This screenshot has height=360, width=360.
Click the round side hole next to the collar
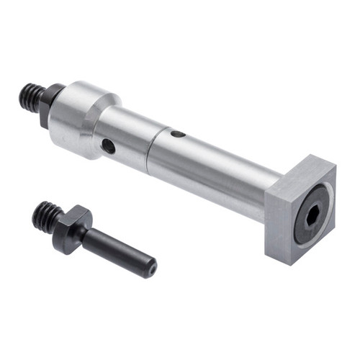[108, 146]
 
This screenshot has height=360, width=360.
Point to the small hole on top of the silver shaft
[178, 133]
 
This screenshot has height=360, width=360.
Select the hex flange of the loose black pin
[72, 227]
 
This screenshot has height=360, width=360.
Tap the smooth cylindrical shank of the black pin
[115, 248]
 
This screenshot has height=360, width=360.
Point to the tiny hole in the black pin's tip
[152, 271]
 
